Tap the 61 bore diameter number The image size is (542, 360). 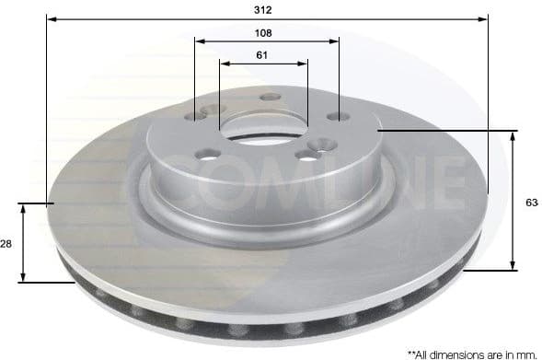coord(263,53)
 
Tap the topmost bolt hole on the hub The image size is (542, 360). coord(269,98)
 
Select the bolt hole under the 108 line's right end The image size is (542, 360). coord(338,117)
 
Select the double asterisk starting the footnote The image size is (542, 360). coord(411,351)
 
